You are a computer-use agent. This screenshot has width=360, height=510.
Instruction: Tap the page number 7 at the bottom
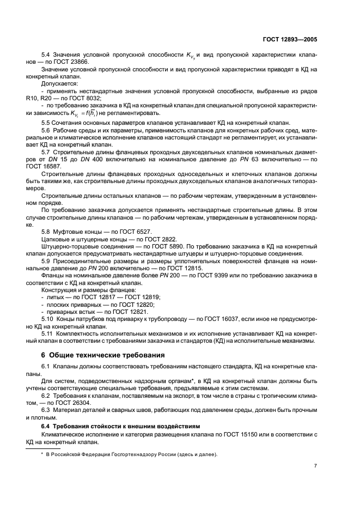point(315,466)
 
